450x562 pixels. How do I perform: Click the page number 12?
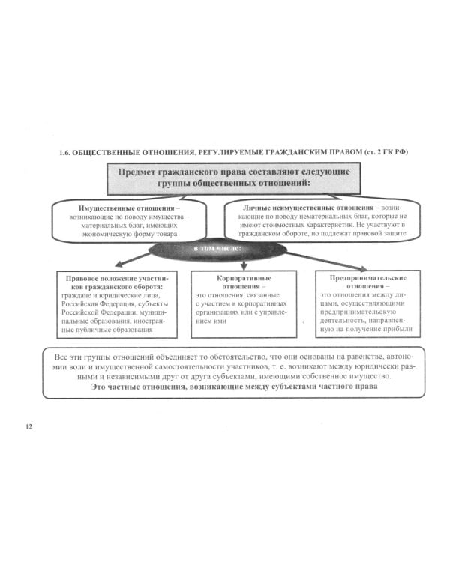point(29,426)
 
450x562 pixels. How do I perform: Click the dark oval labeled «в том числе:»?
point(218,248)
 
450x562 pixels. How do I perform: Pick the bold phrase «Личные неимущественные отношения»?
point(308,207)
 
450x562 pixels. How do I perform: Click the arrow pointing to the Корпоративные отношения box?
point(242,265)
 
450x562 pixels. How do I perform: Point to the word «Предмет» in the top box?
point(142,172)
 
